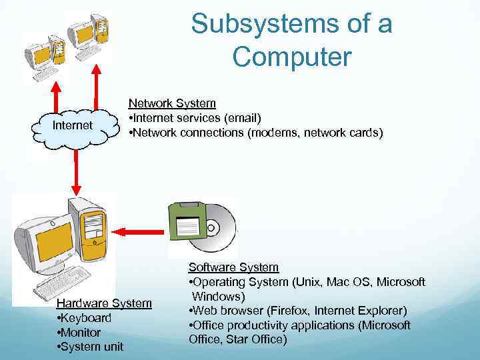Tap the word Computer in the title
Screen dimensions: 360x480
291,57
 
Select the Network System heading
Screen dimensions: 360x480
172,103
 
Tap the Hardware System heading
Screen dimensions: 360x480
104,303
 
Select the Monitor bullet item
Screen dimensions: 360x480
79,332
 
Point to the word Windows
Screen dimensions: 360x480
219,296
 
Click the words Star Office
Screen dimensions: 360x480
261,340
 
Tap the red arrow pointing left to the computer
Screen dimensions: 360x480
137,231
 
